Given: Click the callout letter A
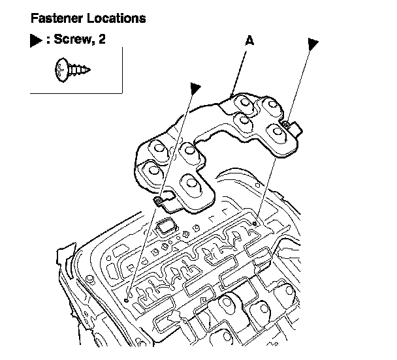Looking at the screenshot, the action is click(x=249, y=40).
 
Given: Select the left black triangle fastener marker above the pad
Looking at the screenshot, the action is click(x=194, y=87).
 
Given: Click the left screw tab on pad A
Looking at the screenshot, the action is click(x=159, y=202).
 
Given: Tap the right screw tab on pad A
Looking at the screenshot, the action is click(x=285, y=124).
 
